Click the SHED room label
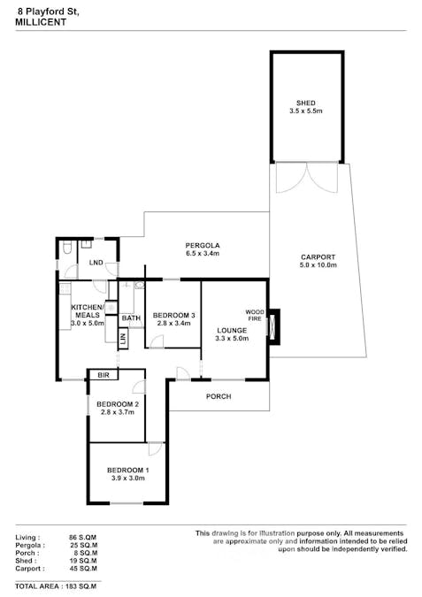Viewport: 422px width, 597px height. click(x=306, y=103)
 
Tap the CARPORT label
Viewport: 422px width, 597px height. click(x=317, y=257)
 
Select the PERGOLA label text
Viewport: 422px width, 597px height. click(x=202, y=245)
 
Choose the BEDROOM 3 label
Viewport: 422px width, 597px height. click(x=173, y=316)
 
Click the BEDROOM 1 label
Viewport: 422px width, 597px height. click(x=127, y=470)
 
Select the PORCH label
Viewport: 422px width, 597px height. click(x=218, y=397)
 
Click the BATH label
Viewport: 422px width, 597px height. click(x=131, y=318)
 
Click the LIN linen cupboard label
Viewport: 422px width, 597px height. click(x=124, y=338)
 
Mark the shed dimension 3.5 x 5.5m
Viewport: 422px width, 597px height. click(x=306, y=112)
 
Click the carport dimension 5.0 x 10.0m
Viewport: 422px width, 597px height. click(x=317, y=266)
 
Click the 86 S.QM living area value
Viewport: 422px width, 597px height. click(x=82, y=537)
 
